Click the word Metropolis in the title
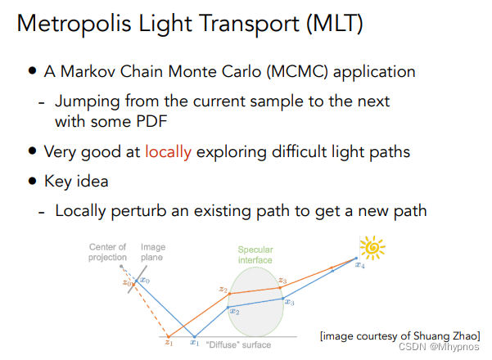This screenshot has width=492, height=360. click(70, 24)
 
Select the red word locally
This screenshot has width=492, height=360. click(168, 151)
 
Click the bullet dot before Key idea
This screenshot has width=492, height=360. click(32, 181)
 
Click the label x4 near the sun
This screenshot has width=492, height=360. click(360, 265)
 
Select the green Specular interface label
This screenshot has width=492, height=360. click(255, 254)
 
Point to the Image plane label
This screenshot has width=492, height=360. click(153, 253)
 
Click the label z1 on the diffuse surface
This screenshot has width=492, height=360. click(168, 343)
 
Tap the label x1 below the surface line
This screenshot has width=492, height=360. click(194, 344)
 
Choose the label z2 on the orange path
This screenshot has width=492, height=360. click(223, 290)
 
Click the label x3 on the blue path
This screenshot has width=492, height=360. click(289, 302)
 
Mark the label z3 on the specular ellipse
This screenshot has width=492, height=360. click(282, 281)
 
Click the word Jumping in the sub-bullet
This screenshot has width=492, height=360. click(83, 102)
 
